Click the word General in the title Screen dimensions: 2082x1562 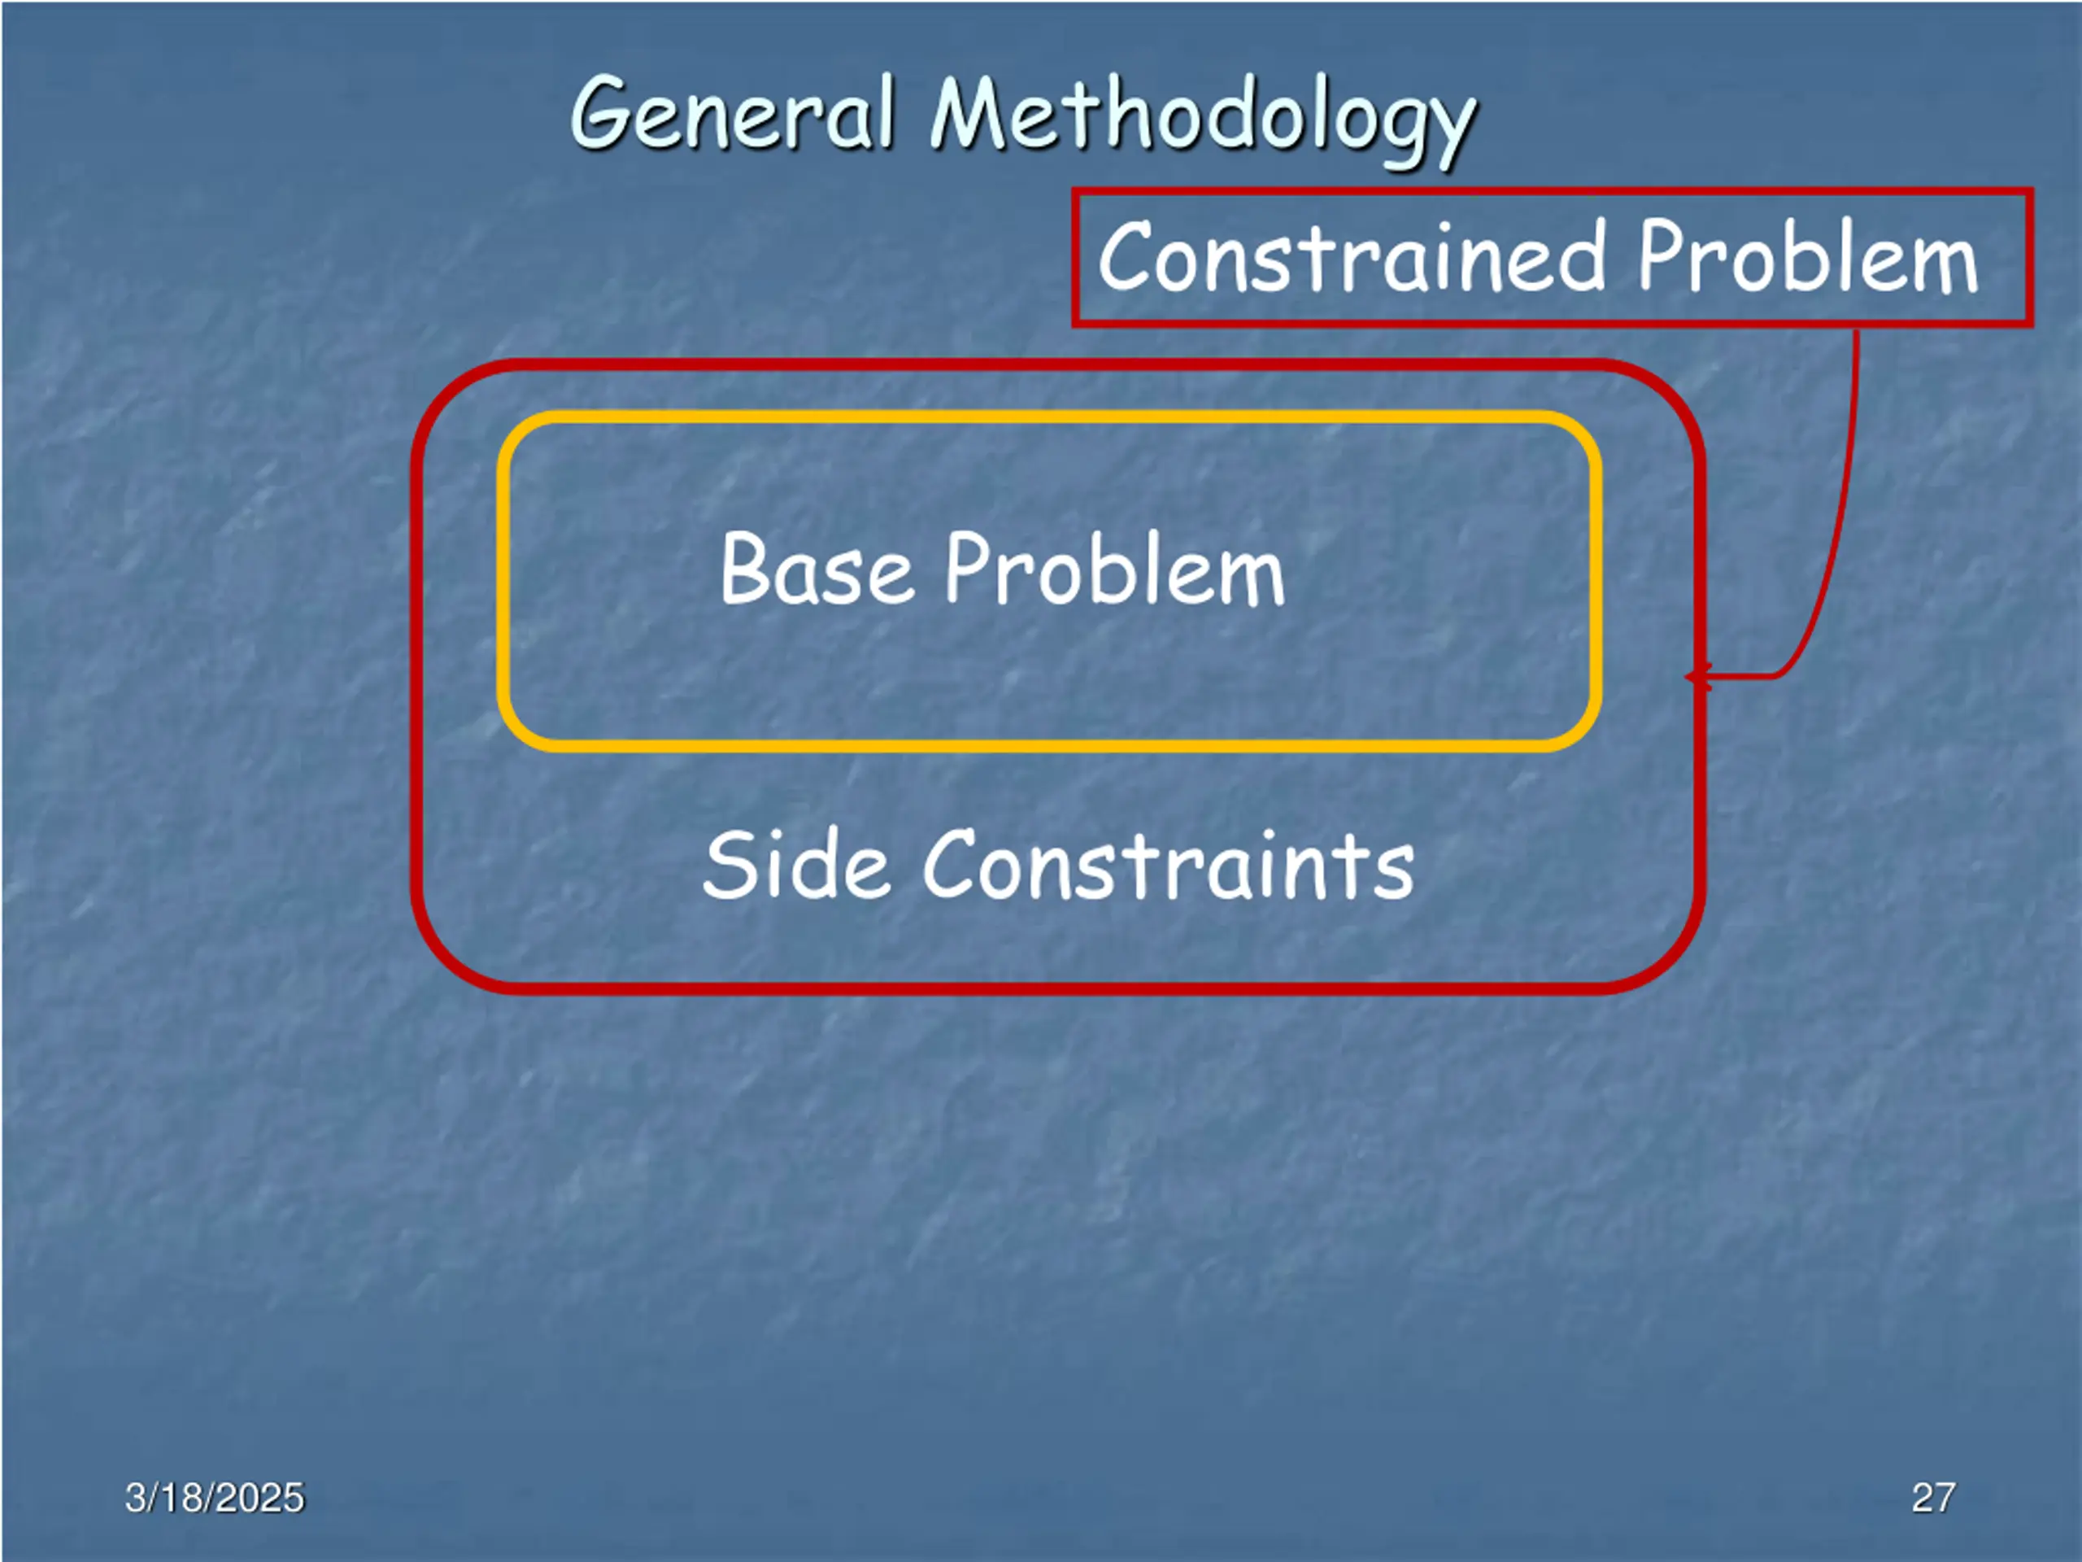[x=732, y=115]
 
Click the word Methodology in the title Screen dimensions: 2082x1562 [x=1203, y=119]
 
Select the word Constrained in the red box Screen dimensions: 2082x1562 [x=1352, y=256]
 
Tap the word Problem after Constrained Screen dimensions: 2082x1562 [x=1807, y=256]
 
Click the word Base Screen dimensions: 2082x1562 [x=816, y=569]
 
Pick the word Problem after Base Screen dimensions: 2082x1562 [x=1114, y=570]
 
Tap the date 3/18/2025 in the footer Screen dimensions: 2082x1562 [x=215, y=1498]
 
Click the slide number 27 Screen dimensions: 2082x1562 [x=1933, y=1498]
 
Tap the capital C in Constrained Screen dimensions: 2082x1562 [x=1126, y=256]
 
